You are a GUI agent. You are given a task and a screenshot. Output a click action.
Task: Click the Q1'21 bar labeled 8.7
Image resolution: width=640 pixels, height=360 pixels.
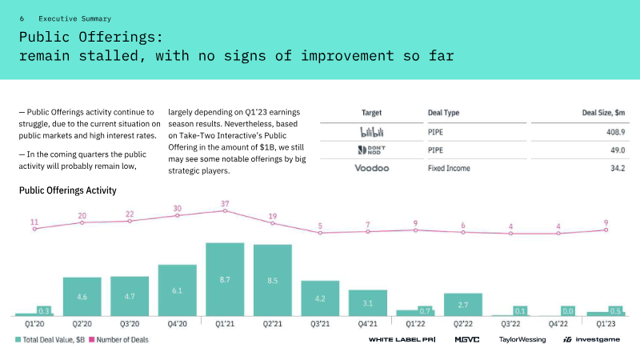click(225, 279)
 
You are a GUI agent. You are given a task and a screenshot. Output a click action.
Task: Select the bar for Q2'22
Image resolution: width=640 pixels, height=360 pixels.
click(463, 305)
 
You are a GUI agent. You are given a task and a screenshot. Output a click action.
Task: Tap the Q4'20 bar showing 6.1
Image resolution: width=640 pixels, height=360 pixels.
click(177, 290)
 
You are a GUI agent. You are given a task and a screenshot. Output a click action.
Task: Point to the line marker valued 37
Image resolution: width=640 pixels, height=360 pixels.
click(225, 211)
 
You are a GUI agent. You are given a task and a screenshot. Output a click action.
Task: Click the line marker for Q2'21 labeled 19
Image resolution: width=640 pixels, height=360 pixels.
click(273, 223)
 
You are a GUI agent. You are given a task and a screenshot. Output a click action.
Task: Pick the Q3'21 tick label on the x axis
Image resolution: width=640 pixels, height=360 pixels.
click(320, 324)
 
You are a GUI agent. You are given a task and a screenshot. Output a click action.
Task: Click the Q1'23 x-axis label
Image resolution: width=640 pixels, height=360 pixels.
click(606, 324)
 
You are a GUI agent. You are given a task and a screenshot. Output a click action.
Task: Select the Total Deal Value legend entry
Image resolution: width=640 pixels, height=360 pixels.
click(50, 339)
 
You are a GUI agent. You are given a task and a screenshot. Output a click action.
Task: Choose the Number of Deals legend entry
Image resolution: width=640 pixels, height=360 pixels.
click(118, 339)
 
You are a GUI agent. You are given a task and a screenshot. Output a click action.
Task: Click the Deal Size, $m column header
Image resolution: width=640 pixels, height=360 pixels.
click(603, 113)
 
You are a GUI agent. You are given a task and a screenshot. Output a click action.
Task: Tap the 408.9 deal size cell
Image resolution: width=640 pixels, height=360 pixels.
click(615, 132)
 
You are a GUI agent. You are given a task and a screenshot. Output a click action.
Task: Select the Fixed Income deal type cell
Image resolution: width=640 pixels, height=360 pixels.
click(449, 168)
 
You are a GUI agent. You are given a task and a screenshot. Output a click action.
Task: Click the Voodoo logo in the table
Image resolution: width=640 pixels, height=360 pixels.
click(372, 168)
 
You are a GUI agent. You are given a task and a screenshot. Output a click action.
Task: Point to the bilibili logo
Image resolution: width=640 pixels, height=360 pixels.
click(372, 132)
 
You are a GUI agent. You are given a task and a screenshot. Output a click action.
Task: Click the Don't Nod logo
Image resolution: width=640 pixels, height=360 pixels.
click(372, 150)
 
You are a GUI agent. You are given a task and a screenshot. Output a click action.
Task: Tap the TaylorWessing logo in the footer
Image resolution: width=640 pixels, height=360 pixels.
click(522, 339)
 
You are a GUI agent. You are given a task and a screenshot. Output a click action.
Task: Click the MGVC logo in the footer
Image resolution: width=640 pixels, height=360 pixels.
click(467, 339)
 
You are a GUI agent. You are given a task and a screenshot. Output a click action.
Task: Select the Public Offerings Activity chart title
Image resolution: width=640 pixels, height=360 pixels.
click(68, 190)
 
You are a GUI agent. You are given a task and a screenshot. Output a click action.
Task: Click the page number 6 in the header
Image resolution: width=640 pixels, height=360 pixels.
click(22, 18)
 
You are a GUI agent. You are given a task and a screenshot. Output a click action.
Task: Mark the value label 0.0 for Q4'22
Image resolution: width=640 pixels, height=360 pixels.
click(568, 311)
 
